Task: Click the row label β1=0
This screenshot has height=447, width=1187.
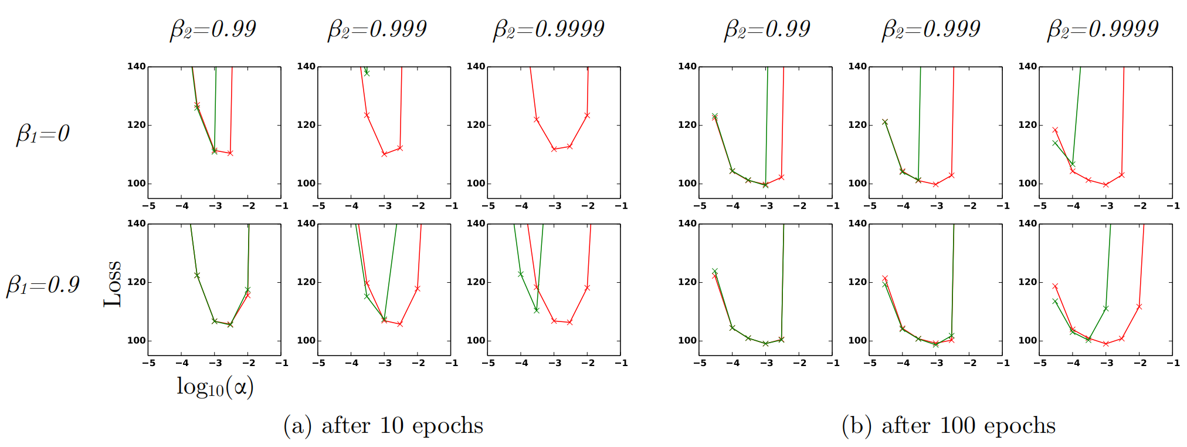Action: (x=43, y=134)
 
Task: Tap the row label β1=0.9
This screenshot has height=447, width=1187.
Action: (x=43, y=285)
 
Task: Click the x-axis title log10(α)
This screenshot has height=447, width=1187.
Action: (x=215, y=387)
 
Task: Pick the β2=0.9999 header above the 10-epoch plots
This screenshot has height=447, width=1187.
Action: (x=548, y=29)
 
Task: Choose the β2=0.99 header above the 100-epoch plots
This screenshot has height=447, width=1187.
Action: (x=767, y=29)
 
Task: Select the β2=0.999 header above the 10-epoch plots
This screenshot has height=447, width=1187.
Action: (x=377, y=29)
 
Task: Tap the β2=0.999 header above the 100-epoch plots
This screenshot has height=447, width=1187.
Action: (x=931, y=29)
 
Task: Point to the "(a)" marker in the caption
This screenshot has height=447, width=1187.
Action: (x=297, y=425)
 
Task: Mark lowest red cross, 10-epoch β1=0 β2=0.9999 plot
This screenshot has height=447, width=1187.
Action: (x=554, y=149)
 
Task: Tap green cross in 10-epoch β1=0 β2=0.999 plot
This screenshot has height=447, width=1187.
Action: (x=367, y=73)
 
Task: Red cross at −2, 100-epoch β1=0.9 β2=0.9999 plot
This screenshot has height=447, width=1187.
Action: (x=1139, y=307)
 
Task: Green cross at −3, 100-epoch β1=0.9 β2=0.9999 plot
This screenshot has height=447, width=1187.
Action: (x=1106, y=309)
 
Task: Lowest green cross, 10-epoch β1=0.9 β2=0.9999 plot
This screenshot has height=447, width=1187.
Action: (x=537, y=310)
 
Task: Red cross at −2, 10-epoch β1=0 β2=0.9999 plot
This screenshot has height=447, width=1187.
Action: (x=587, y=116)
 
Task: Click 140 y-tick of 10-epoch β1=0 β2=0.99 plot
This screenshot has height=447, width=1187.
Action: (x=137, y=66)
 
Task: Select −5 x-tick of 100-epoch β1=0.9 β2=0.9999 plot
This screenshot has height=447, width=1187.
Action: (x=1040, y=363)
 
